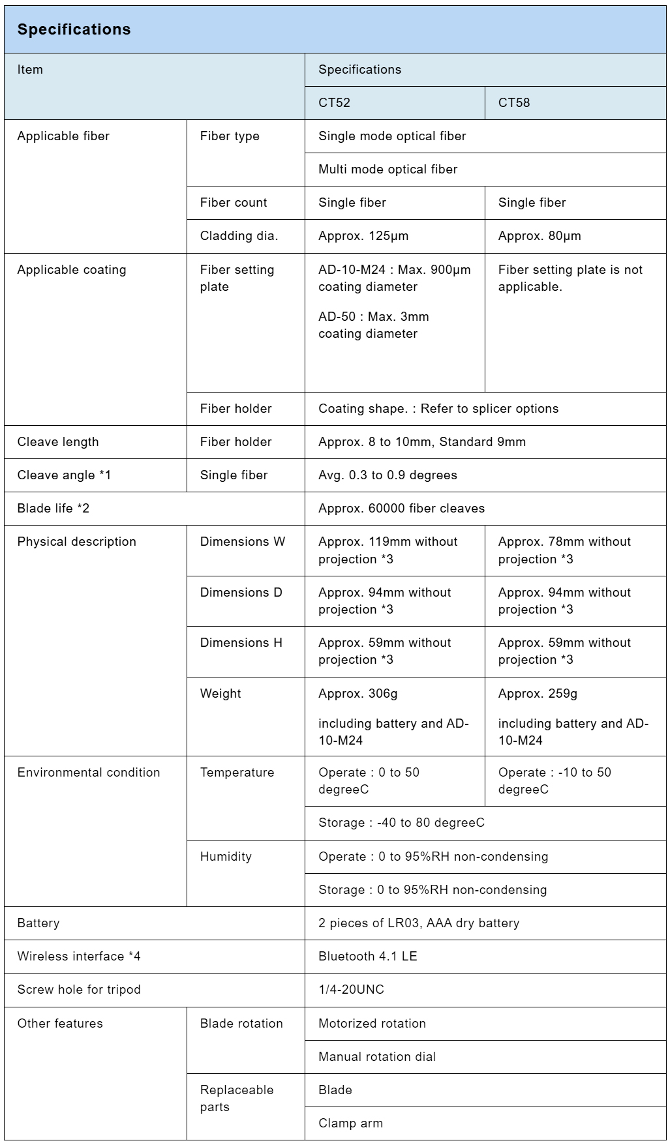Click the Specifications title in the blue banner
[x=74, y=29]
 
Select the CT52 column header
[x=334, y=103]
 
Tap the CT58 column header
[x=514, y=103]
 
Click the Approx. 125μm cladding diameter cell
[x=363, y=236]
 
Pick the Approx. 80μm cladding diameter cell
[x=539, y=236]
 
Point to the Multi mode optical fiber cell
[x=387, y=170]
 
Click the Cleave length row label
[x=58, y=442]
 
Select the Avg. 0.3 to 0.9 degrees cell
[x=387, y=475]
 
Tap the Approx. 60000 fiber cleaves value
[x=401, y=509]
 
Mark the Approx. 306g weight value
[x=357, y=694]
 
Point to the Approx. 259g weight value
[x=538, y=694]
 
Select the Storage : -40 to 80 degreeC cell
[x=401, y=823]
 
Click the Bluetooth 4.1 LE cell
[x=367, y=957]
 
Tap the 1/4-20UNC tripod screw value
[x=351, y=990]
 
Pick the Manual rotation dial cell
[x=377, y=1057]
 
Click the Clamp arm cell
[x=350, y=1123]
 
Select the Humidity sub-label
[x=226, y=857]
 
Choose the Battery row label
[x=38, y=923]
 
